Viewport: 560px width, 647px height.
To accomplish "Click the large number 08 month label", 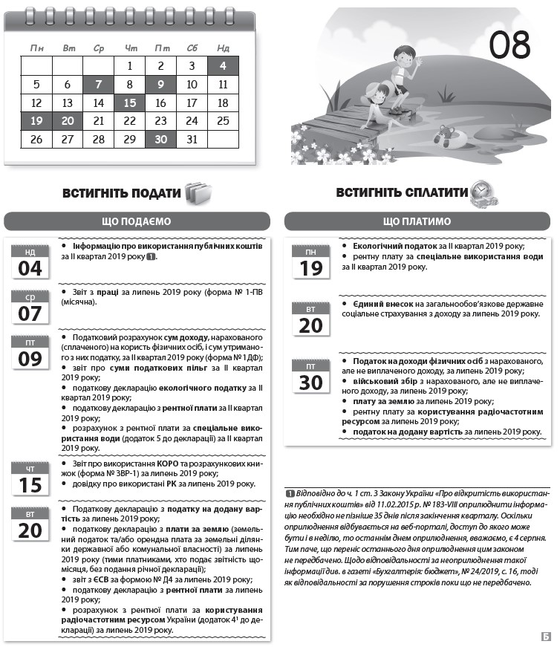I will coord(509,46).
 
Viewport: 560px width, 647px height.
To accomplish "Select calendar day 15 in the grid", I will coord(130,103).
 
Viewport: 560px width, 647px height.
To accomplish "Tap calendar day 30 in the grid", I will coord(160,139).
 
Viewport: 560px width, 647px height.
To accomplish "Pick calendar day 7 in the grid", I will coord(99,85).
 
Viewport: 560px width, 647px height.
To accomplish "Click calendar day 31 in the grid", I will coord(192,139).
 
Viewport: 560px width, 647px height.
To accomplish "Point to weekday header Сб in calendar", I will coord(192,48).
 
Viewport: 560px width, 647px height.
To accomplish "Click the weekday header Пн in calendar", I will coord(36,48).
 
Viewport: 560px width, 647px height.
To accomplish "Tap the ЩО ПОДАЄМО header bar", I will coord(137,221).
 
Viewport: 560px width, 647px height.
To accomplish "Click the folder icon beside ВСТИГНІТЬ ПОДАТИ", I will coord(198,193).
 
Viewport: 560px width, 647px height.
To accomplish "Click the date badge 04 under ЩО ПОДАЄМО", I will coord(30,262).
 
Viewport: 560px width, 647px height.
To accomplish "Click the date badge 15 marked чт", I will coord(30,480).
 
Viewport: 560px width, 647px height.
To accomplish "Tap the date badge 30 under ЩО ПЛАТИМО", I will coord(311,377).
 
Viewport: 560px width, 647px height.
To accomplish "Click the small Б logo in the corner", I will coord(547,636).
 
